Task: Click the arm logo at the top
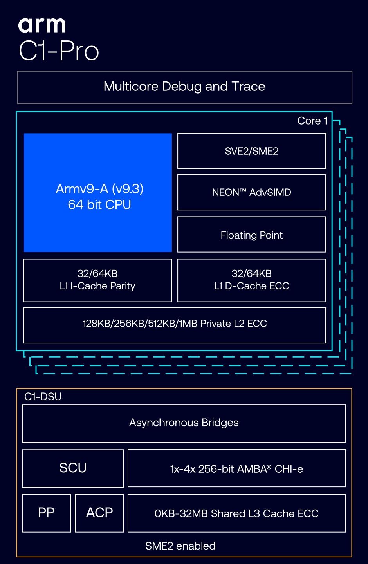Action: [42, 25]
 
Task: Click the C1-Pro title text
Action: [59, 51]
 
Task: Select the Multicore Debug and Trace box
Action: [184, 87]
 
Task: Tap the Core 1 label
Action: [312, 121]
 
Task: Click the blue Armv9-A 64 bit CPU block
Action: [97, 193]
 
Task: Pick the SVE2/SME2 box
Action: [252, 151]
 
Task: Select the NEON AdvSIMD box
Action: [252, 192]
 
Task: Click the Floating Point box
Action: [252, 234]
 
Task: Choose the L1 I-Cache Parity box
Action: [97, 280]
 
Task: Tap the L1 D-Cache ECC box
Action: [252, 280]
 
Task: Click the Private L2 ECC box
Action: [175, 325]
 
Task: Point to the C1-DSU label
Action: [43, 396]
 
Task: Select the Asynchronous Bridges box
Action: [184, 423]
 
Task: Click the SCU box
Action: [73, 468]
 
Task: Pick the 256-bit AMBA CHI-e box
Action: [236, 468]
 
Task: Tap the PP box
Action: [46, 513]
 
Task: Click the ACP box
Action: [99, 513]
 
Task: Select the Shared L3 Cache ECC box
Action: [236, 513]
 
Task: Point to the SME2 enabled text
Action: [180, 546]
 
